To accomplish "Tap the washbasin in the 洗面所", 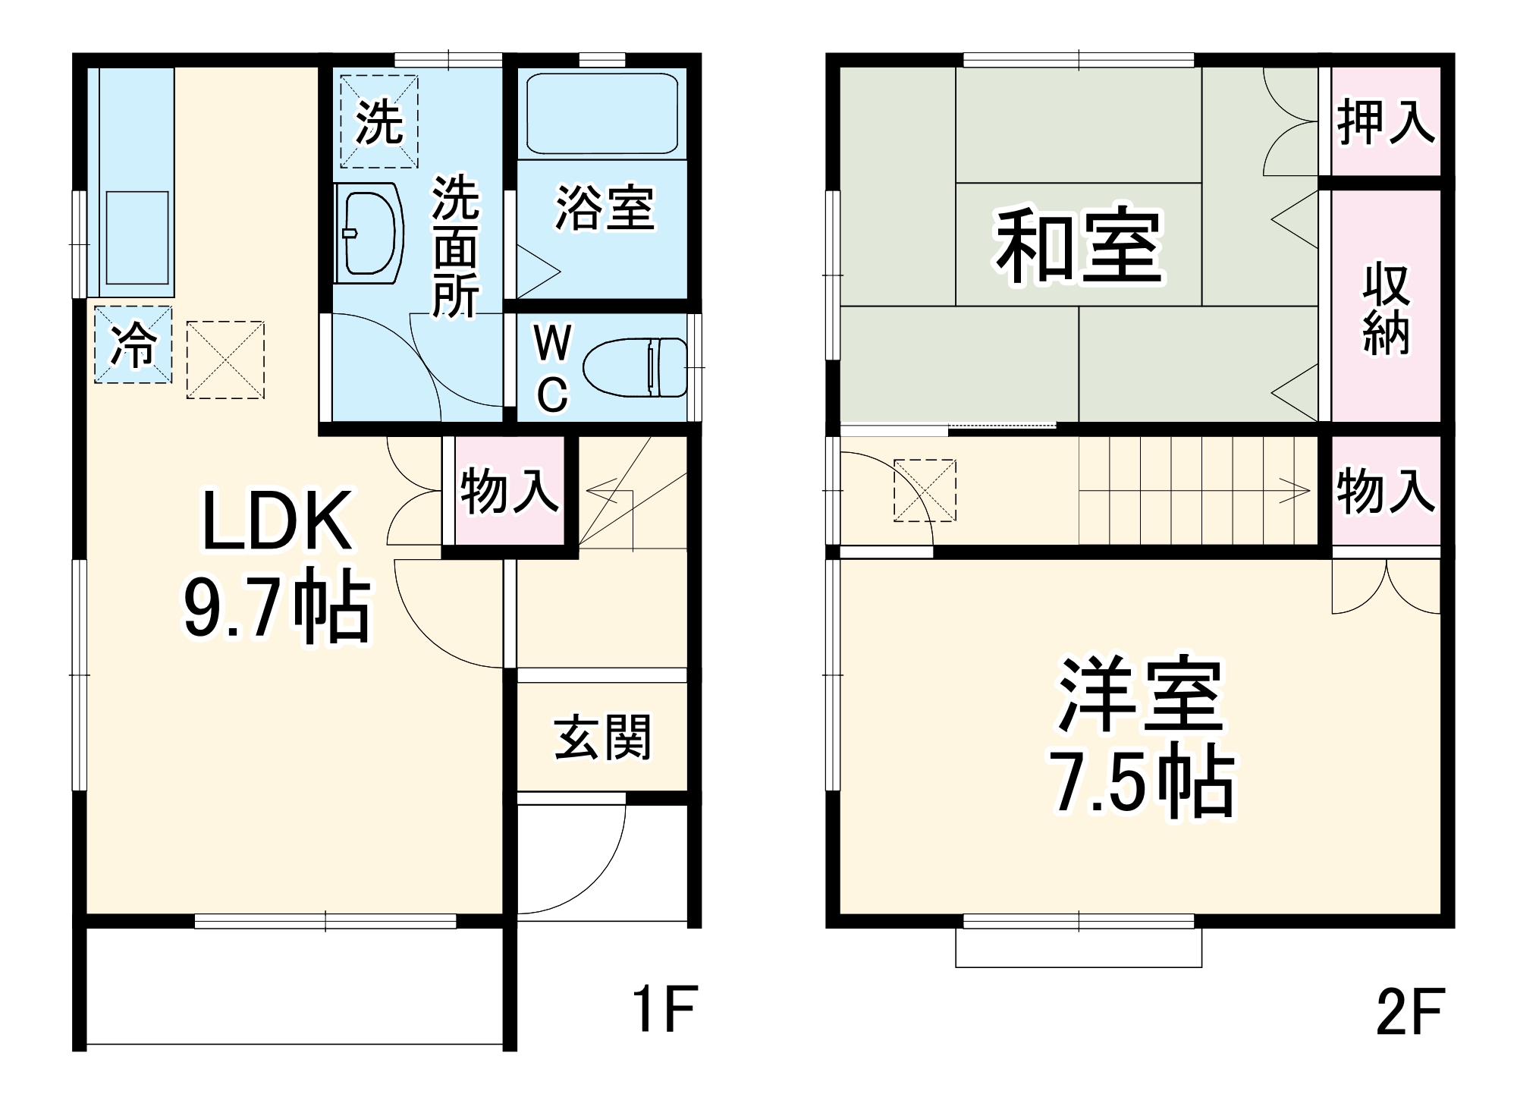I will (370, 234).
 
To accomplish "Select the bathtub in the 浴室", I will (601, 114).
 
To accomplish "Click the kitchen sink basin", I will (137, 237).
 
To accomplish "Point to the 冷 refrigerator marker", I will (133, 344).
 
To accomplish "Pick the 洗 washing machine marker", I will (379, 122).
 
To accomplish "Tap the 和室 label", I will (1079, 247).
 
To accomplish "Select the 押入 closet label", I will (1386, 121).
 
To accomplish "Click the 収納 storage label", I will (1386, 309).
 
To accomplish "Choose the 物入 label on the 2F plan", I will (1386, 491).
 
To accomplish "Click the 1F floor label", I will (664, 1008).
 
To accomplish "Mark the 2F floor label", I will (1409, 1011).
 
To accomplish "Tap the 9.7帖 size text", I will (277, 608).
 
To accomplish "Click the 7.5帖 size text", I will (1142, 781).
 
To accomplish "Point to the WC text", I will (552, 369).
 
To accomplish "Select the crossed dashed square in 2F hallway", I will (925, 490).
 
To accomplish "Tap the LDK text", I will (277, 521).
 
